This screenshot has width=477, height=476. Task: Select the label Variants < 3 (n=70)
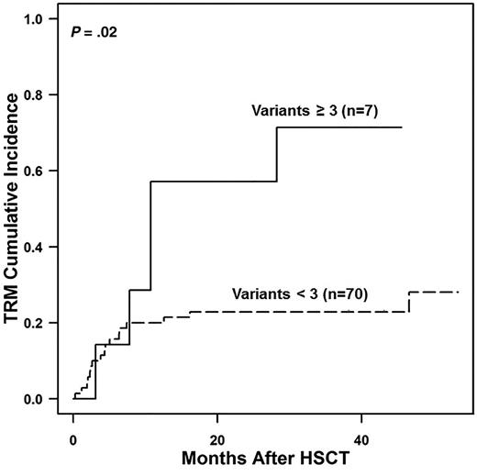(308, 295)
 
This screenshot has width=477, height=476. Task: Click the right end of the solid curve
(402, 127)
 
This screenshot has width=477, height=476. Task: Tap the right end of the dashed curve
(457, 292)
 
